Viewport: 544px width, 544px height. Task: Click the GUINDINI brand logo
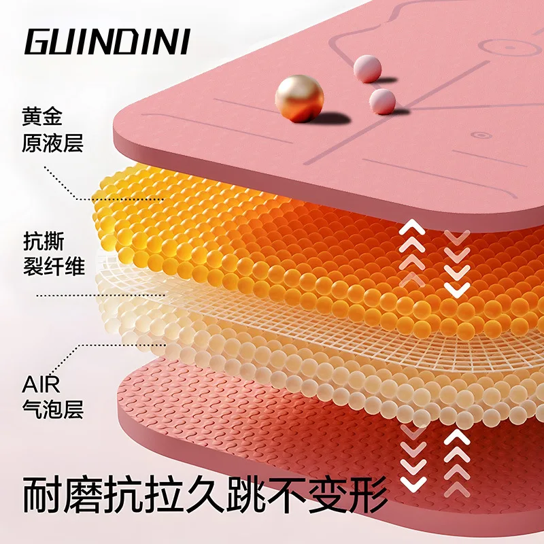click(107, 42)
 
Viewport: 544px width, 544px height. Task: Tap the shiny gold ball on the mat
click(299, 98)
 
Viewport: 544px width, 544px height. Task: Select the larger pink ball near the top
click(368, 69)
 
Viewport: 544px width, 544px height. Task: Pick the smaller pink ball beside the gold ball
click(382, 101)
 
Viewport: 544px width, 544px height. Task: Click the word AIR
click(41, 384)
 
